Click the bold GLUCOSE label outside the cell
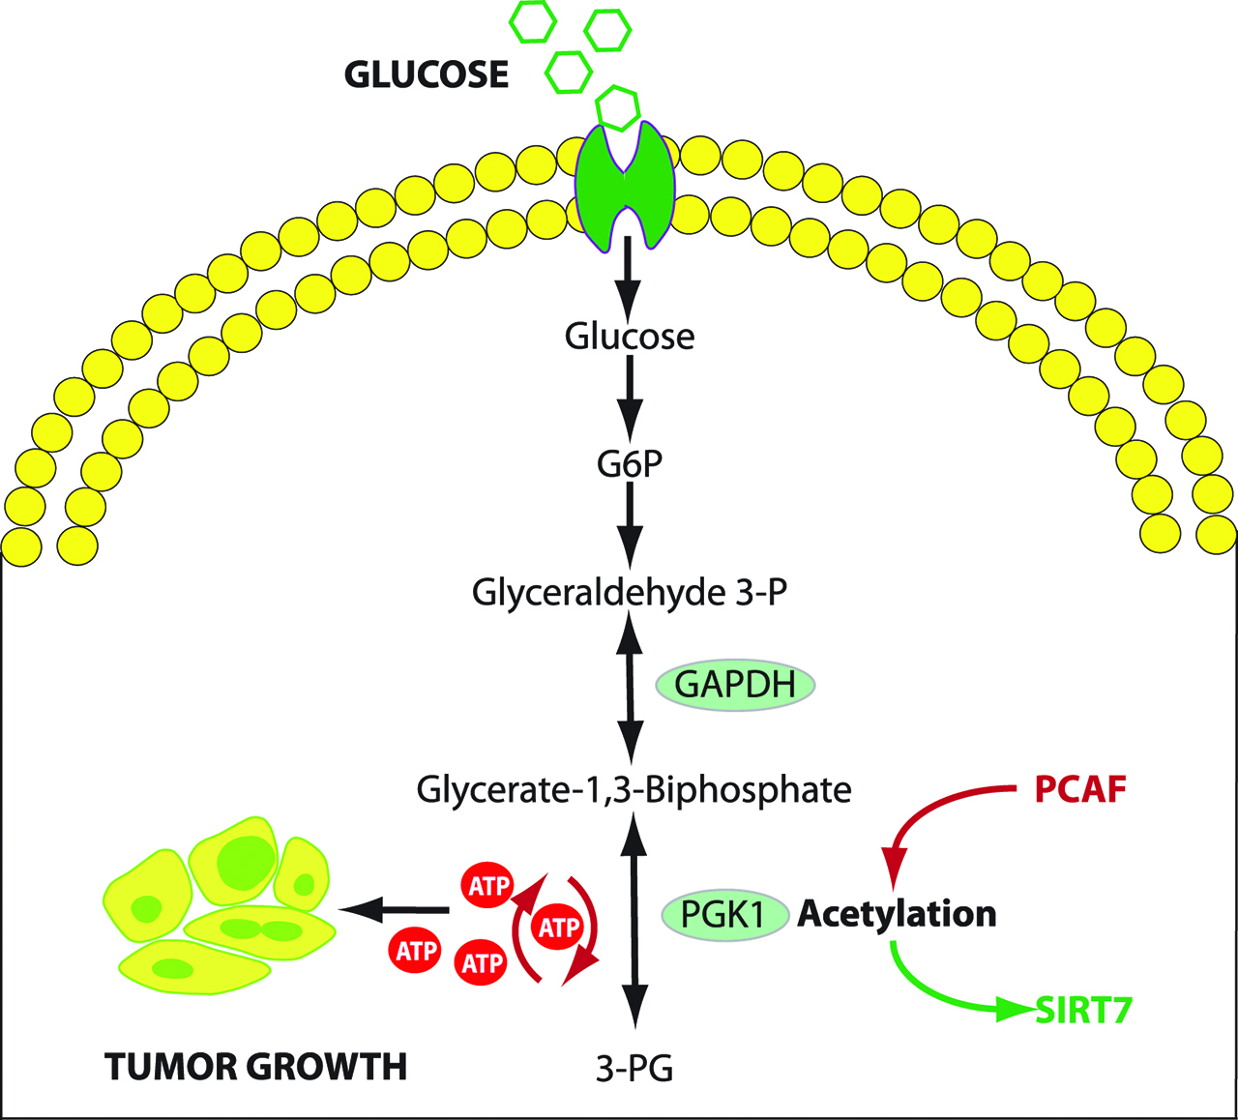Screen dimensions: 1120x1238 point(427,75)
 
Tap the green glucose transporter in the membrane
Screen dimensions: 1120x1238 point(626,189)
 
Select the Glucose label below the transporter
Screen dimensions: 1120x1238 point(630,337)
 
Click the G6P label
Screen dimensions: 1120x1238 point(630,464)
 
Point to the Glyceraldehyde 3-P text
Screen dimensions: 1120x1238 point(630,592)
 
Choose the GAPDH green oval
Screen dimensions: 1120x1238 point(735,685)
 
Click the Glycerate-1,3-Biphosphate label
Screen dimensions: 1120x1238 point(634,790)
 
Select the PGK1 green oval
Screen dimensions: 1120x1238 point(723,914)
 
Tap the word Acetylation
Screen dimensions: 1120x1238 point(897,914)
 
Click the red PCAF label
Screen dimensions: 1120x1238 point(1080,790)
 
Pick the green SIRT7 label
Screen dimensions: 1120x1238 point(1083,1011)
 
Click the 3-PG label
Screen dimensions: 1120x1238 point(634,1069)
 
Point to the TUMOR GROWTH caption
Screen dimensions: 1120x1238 point(255,1067)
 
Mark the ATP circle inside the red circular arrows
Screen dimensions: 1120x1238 point(558,928)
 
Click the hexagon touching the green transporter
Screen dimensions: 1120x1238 point(617,106)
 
